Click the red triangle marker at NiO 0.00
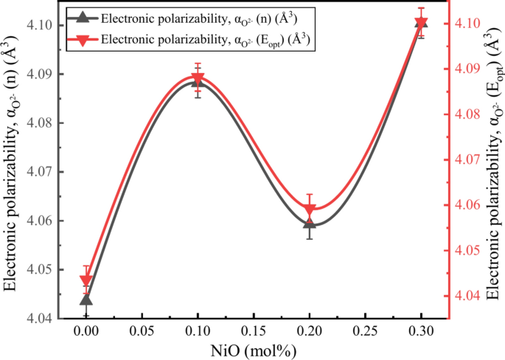pos(86,280)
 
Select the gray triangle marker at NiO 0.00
pos(86,299)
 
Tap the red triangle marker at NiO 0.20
pos(310,210)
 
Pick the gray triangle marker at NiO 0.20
pos(310,222)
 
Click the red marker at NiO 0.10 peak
pos(198,79)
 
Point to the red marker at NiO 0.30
pos(421,23)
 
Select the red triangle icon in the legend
pos(83,38)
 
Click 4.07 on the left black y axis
pos(38,172)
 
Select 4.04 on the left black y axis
pos(38,319)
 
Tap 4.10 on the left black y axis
pos(38,25)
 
